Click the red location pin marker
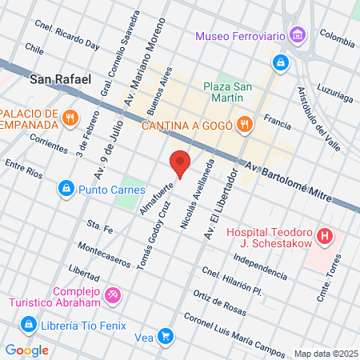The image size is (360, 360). pos(181,163)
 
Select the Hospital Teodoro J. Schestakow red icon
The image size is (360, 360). pos(325,237)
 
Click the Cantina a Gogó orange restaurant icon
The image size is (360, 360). pos(245,124)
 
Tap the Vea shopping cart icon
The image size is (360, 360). pos(165,337)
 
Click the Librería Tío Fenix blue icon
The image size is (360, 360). pos(29,324)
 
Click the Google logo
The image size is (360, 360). pos(26,350)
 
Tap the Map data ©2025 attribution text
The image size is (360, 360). pos(326,354)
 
